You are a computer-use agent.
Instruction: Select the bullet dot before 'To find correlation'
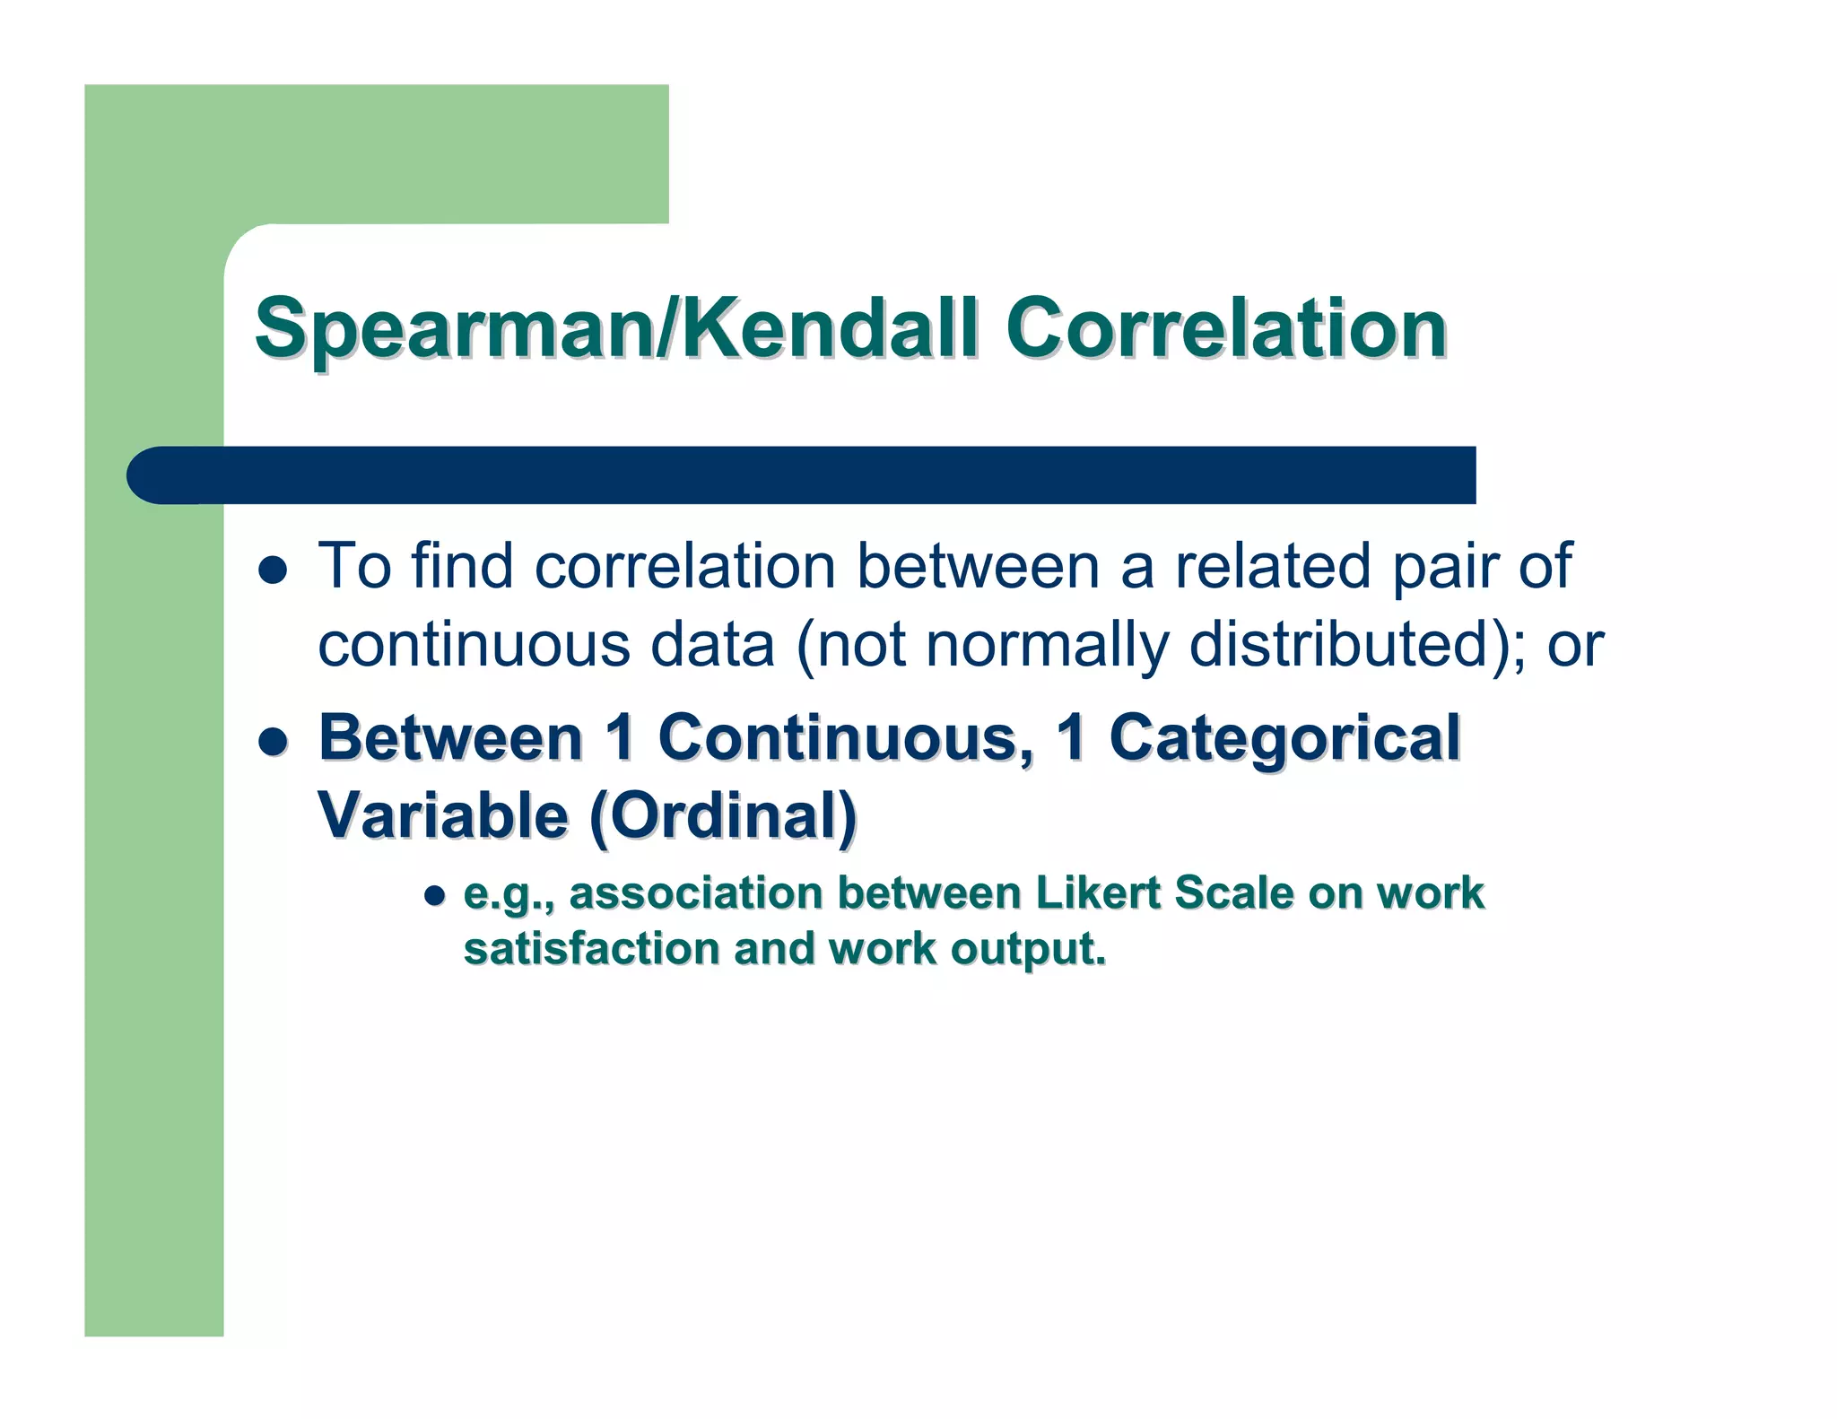(x=273, y=570)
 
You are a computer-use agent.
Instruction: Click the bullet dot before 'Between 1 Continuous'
(x=273, y=741)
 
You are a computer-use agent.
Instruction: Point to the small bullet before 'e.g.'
(x=435, y=896)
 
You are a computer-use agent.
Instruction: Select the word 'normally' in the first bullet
(x=1047, y=645)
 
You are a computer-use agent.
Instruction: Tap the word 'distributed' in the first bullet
(x=1340, y=645)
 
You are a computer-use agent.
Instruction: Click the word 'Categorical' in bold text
(x=1284, y=738)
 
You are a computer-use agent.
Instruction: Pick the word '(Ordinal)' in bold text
(x=723, y=816)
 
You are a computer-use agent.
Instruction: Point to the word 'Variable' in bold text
(x=444, y=816)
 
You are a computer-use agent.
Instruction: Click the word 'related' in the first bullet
(x=1273, y=566)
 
